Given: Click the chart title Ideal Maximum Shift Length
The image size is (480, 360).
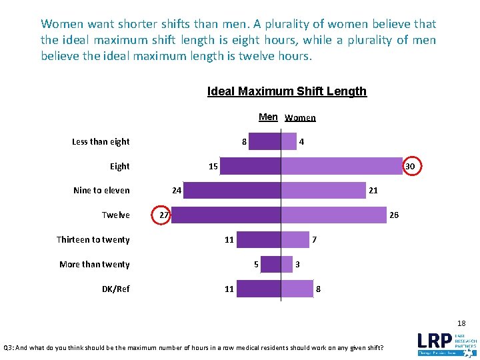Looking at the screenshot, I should pyautogui.click(x=287, y=91).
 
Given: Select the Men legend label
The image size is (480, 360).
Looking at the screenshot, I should pyautogui.click(x=268, y=117).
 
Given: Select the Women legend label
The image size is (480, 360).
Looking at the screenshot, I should pyautogui.click(x=300, y=118).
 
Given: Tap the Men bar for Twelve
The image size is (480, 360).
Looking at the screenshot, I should pyautogui.click(x=226, y=215).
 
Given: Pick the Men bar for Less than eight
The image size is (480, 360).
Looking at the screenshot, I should pyautogui.click(x=265, y=141).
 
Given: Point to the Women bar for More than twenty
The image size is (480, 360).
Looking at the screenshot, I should pyautogui.click(x=287, y=265).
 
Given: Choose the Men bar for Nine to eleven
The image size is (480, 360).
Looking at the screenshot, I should pyautogui.click(x=233, y=191).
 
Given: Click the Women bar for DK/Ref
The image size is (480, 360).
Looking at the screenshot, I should pyautogui.click(x=297, y=289).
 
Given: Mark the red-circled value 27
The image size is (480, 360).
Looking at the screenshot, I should pyautogui.click(x=162, y=215).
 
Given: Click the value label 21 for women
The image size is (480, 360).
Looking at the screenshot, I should pyautogui.click(x=373, y=191).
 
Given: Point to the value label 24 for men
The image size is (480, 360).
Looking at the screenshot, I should pyautogui.click(x=176, y=191).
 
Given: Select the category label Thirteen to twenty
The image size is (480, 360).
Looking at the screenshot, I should pyautogui.click(x=93, y=240).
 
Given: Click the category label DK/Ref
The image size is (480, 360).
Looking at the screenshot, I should pyautogui.click(x=115, y=289).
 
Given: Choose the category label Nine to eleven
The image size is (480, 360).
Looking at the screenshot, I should pyautogui.click(x=101, y=191).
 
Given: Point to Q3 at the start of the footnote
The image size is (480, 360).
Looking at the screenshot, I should pyautogui.click(x=9, y=348).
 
